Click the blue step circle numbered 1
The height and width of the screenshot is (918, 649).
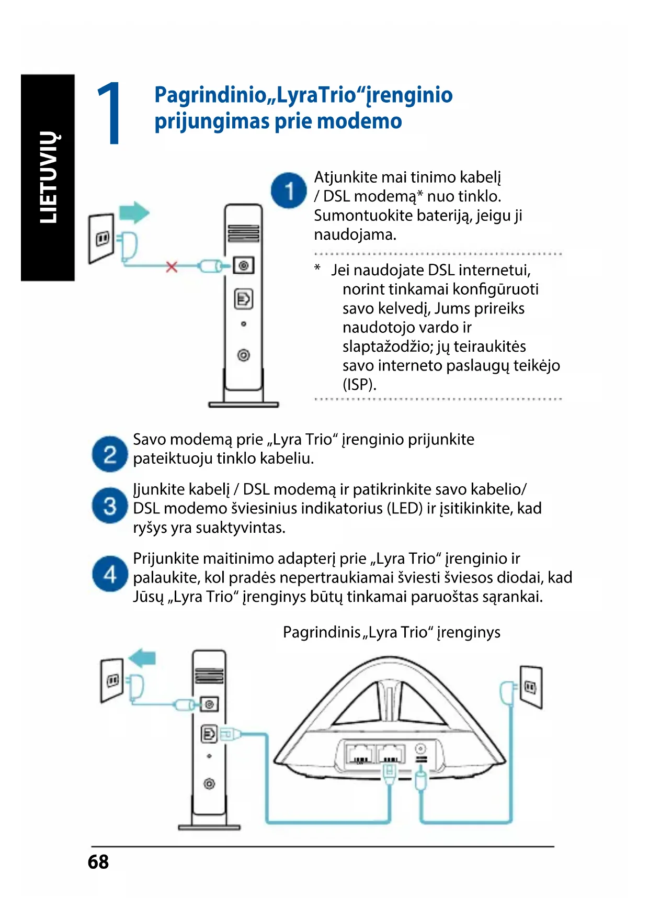click(x=288, y=191)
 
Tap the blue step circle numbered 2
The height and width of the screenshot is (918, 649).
click(x=110, y=454)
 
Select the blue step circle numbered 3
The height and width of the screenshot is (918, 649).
click(x=110, y=506)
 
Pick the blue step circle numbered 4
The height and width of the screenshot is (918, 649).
click(x=110, y=574)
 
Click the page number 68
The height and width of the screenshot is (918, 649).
click(x=98, y=862)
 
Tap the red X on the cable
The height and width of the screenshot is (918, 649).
click(x=172, y=267)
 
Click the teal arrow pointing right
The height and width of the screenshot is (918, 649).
click(x=134, y=212)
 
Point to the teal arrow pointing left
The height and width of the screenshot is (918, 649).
click(x=143, y=658)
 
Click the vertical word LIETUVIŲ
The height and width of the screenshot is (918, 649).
click(x=49, y=177)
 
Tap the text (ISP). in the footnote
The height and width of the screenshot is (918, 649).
click(x=359, y=385)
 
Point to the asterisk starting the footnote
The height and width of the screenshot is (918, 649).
click(x=317, y=268)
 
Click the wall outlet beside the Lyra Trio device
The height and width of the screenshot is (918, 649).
click(x=531, y=687)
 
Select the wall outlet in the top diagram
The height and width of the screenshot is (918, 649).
click(x=101, y=238)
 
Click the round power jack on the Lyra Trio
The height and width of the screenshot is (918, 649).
click(x=420, y=749)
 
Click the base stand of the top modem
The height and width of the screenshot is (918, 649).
click(x=244, y=404)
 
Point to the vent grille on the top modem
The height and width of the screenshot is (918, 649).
click(x=244, y=233)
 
